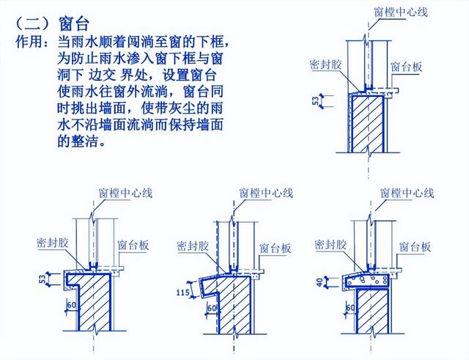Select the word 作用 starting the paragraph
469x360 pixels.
[x=29, y=43]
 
